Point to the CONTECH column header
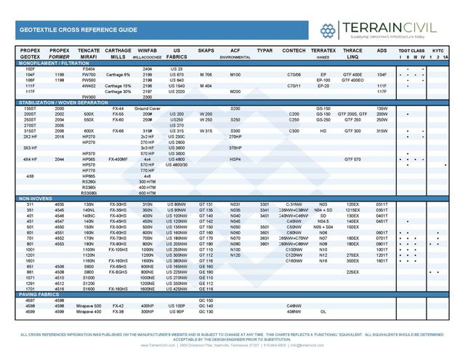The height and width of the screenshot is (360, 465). pos(294,50)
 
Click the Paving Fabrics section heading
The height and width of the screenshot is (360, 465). pos(39,295)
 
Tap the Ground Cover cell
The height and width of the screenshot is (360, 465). pos(147,108)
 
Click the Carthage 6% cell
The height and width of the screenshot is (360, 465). pos(117,75)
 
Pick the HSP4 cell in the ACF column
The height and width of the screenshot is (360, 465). pos(235,159)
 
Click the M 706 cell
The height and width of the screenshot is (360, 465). pos(206,75)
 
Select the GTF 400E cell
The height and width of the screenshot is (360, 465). pos(352,75)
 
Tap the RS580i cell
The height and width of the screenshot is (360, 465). pos(89,187)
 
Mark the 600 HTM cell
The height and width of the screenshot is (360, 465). pos(147,193)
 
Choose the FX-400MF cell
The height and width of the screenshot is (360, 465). pos(118,159)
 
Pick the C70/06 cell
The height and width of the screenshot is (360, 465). pos(294,75)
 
